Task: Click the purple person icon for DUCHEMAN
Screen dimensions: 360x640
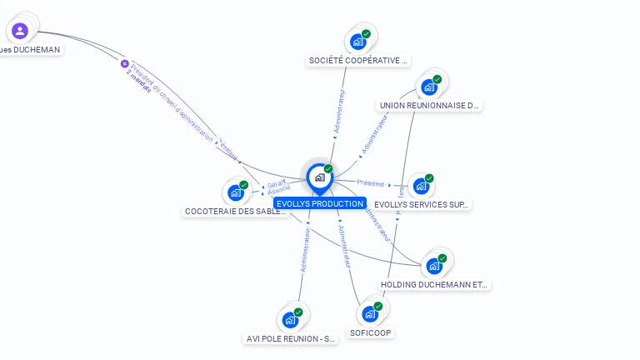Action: (20, 31)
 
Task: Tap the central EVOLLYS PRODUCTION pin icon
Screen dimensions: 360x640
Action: (319, 177)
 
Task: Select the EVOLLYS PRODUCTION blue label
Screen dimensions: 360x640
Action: (320, 203)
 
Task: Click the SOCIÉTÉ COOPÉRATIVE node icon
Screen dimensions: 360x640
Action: (358, 42)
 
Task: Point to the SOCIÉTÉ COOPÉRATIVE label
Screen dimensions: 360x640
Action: (358, 60)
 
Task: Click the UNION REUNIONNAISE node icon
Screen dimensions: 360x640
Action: (429, 87)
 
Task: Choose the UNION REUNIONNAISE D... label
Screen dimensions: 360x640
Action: (430, 106)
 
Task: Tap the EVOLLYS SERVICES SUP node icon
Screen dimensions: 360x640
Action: (421, 186)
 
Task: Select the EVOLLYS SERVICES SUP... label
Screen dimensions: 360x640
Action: (422, 204)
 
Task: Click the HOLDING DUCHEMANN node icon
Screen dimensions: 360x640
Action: (434, 266)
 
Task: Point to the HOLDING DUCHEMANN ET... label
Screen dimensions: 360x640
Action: (434, 284)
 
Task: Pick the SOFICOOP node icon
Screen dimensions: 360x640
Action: (370, 314)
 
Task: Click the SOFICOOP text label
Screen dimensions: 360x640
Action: (371, 332)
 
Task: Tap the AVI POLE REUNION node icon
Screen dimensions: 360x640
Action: (290, 319)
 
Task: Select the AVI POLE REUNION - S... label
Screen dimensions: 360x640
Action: (291, 339)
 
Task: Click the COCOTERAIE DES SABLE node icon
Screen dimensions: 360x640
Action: (236, 192)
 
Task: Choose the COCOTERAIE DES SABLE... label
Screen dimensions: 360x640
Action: (236, 211)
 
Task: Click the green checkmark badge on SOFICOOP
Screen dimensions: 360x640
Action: (378, 307)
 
